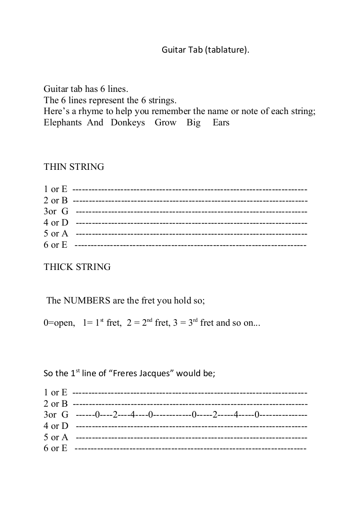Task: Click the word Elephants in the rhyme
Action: pyautogui.click(x=62, y=123)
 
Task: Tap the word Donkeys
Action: pyautogui.click(x=128, y=123)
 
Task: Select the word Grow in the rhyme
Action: pyautogui.click(x=166, y=123)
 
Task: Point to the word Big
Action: pyautogui.click(x=194, y=123)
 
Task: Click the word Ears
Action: pyautogui.click(x=221, y=123)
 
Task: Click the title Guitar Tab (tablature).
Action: pyautogui.click(x=206, y=50)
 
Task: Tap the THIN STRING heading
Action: pyautogui.click(x=74, y=167)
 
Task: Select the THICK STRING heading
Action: pyautogui.click(x=77, y=267)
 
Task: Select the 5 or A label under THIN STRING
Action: pyautogui.click(x=56, y=234)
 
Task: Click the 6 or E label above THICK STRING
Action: pyautogui.click(x=55, y=245)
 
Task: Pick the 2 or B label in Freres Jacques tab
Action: pyautogui.click(x=55, y=404)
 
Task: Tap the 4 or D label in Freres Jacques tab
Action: pyautogui.click(x=56, y=426)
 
